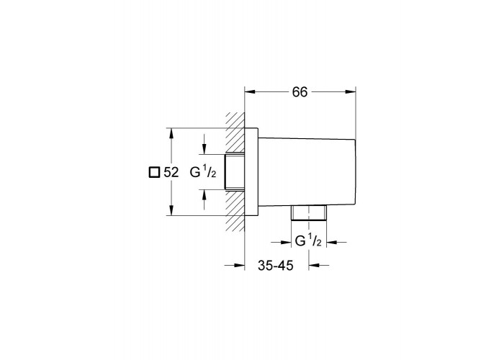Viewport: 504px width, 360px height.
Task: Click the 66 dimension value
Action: click(x=300, y=92)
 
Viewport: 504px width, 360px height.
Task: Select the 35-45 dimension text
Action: click(x=276, y=266)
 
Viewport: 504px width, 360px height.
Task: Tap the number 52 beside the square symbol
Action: click(x=171, y=173)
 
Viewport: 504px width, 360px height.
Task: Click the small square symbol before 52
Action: click(x=154, y=173)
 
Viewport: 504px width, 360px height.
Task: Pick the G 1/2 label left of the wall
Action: click(x=203, y=172)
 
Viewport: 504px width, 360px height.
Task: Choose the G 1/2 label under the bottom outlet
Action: click(x=308, y=240)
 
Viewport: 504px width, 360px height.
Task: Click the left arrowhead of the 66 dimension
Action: click(x=250, y=92)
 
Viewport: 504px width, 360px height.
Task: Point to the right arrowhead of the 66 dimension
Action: click(x=351, y=92)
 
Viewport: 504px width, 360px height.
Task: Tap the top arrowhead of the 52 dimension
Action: click(x=171, y=134)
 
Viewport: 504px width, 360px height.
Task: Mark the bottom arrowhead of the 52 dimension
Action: click(x=171, y=210)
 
